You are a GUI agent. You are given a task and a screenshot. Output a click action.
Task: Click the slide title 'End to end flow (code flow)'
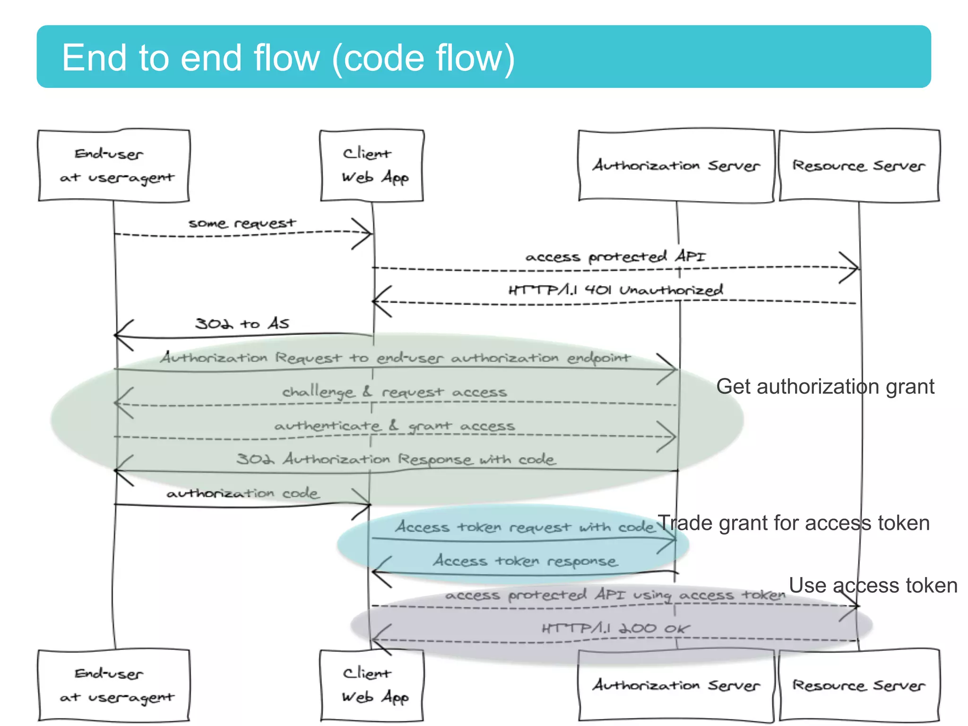pyautogui.click(x=288, y=58)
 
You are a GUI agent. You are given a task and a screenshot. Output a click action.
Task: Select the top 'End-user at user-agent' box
pyautogui.click(x=114, y=166)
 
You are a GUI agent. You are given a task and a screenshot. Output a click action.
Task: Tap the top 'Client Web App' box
pyautogui.click(x=372, y=166)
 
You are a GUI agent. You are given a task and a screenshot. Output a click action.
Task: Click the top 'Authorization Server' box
pyautogui.click(x=676, y=166)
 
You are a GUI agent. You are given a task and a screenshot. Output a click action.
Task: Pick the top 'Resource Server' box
pyautogui.click(x=859, y=166)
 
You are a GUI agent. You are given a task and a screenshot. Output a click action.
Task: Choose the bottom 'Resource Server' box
pyautogui.click(x=859, y=685)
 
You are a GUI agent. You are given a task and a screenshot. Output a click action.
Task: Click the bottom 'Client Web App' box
pyautogui.click(x=372, y=685)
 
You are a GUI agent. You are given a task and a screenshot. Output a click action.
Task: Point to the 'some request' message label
pyautogui.click(x=242, y=223)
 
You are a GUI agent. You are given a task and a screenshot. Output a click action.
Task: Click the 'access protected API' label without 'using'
pyautogui.click(x=615, y=257)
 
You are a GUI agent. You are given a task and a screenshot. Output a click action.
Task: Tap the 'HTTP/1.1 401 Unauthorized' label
pyautogui.click(x=615, y=290)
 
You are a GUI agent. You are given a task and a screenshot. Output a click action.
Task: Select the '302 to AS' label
pyautogui.click(x=242, y=324)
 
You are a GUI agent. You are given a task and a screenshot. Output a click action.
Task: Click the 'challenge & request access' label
pyautogui.click(x=394, y=392)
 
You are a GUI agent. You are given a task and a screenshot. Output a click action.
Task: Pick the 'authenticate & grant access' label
pyautogui.click(x=394, y=426)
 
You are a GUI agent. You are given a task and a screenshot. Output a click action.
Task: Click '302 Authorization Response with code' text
pyautogui.click(x=396, y=459)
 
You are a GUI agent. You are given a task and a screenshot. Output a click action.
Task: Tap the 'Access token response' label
pyautogui.click(x=525, y=561)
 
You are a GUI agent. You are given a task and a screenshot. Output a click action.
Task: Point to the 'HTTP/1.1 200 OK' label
pyautogui.click(x=615, y=629)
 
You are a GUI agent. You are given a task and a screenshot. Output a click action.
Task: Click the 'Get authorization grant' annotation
pyautogui.click(x=825, y=387)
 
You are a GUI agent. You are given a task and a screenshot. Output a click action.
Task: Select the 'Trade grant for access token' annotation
pyautogui.click(x=794, y=523)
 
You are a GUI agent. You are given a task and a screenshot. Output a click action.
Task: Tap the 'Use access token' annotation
pyautogui.click(x=873, y=586)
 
